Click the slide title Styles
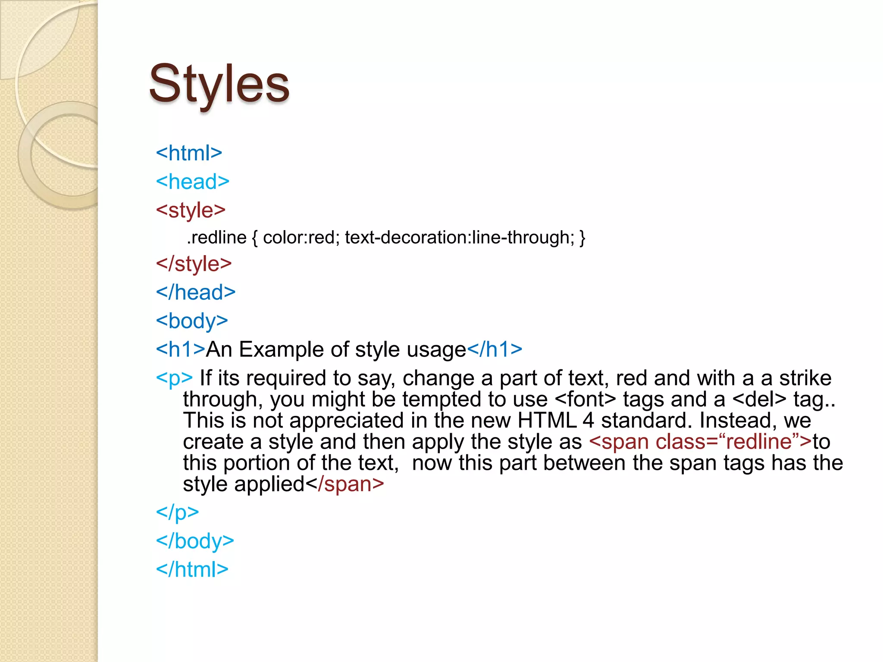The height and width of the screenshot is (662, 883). click(x=219, y=84)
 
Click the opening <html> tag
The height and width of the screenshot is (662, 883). click(x=189, y=153)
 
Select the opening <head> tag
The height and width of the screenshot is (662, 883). click(x=192, y=182)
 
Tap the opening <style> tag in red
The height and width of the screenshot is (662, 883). click(x=191, y=210)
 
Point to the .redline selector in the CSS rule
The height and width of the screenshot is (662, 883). click(x=216, y=237)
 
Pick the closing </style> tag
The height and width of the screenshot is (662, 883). click(x=194, y=264)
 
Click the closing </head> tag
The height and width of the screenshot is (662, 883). click(x=196, y=293)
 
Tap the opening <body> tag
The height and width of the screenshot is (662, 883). click(x=192, y=321)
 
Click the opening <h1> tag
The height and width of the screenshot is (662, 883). click(x=181, y=350)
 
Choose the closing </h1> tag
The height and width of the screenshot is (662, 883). click(x=495, y=350)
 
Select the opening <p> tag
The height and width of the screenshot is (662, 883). click(x=174, y=378)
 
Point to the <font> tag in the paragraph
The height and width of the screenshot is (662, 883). click(x=585, y=399)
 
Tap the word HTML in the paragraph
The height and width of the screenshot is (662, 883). click(x=547, y=420)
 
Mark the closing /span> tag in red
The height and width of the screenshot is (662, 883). click(x=351, y=484)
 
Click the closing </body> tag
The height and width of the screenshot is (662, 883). click(x=195, y=541)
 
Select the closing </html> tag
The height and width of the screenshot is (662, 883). click(x=192, y=569)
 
